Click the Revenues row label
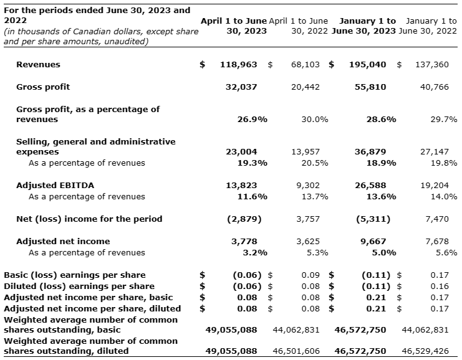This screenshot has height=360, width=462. [x=38, y=64]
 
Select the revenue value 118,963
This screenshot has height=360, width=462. [x=239, y=64]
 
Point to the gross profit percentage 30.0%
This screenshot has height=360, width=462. [x=315, y=118]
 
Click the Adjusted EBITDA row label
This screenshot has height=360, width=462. [x=55, y=185]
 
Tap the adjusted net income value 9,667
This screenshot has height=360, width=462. [x=373, y=241]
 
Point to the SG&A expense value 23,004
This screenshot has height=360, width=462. [x=241, y=151]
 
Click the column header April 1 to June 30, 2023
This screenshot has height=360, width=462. [x=233, y=26]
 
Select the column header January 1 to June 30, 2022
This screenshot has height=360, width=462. [x=428, y=26]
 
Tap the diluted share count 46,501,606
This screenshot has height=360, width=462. [x=297, y=351]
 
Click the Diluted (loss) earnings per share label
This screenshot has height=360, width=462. [x=79, y=286]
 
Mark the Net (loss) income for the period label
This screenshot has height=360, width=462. [x=89, y=219]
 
